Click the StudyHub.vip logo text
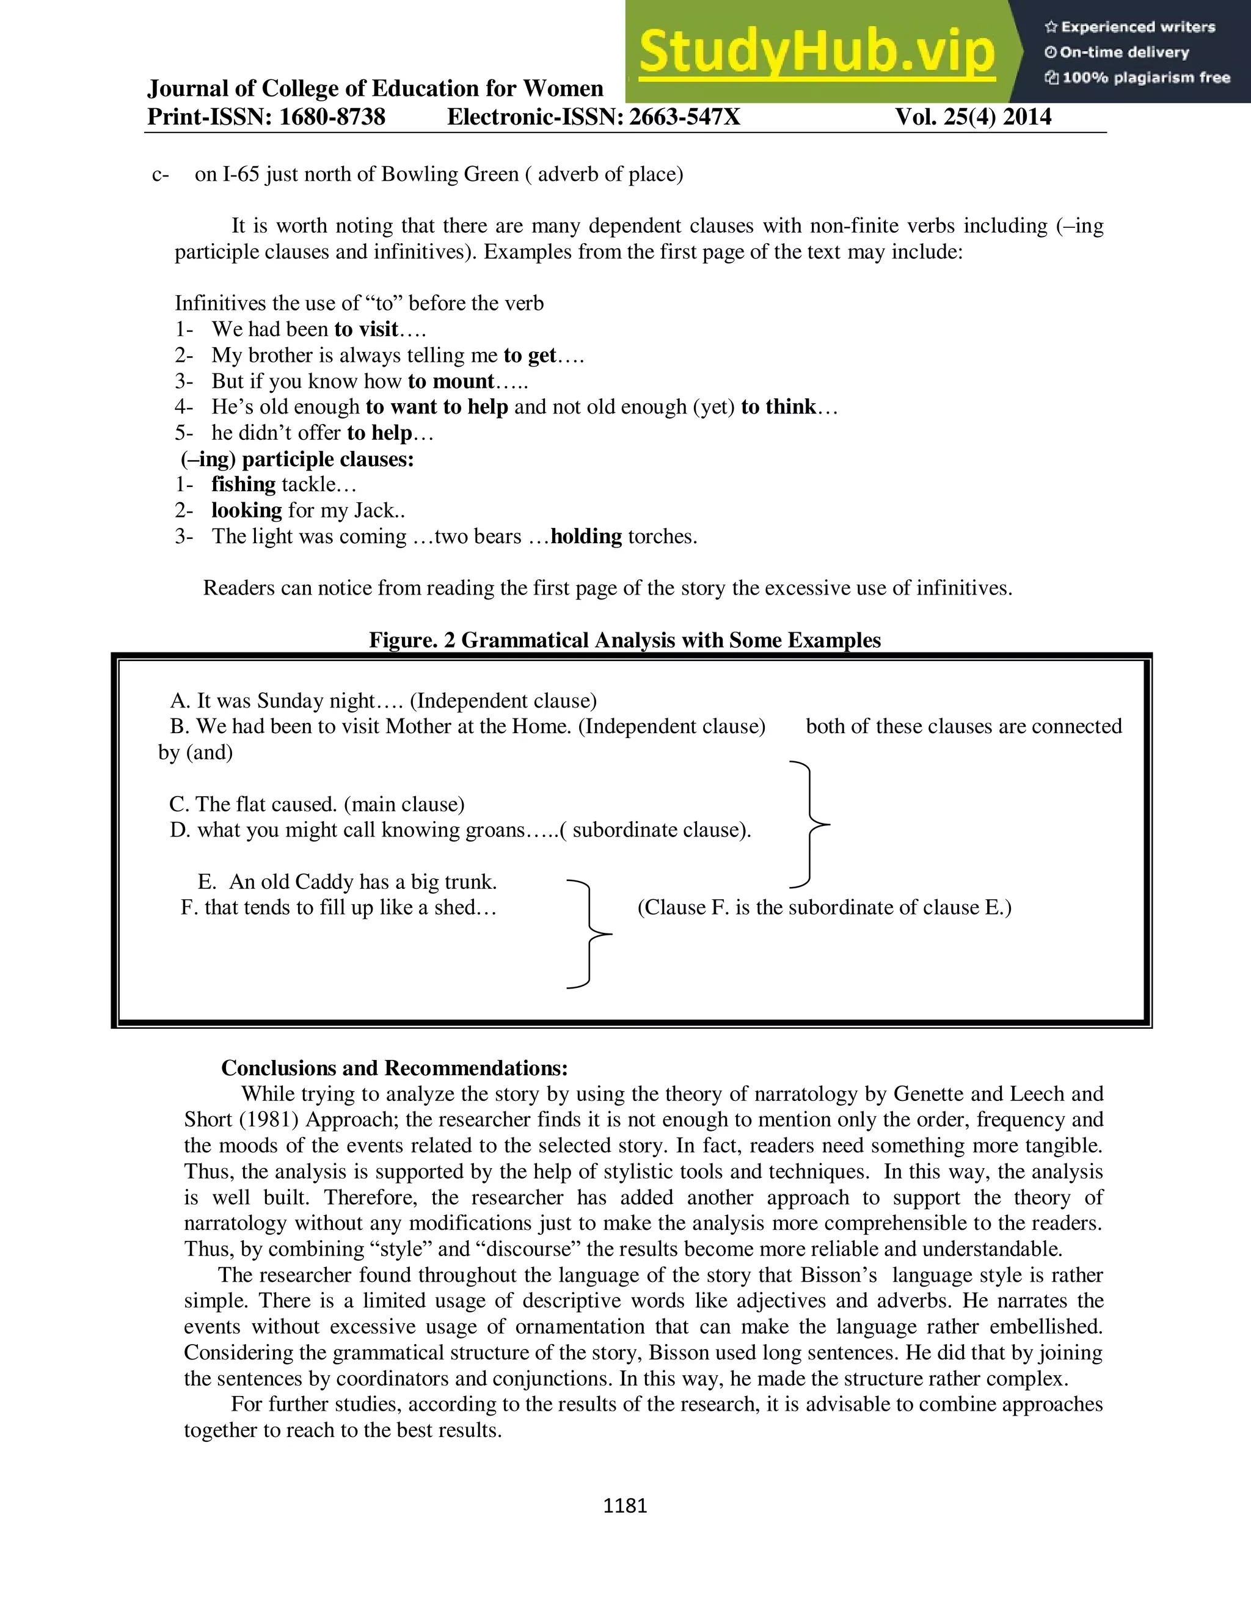816,52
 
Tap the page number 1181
625,1505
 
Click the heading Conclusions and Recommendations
394,1067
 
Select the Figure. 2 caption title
625,640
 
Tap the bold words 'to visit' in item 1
366,329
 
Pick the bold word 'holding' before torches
586,536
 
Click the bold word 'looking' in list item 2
246,510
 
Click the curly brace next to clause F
589,934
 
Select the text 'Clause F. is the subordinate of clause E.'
824,907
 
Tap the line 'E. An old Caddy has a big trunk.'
347,882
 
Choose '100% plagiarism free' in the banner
1146,78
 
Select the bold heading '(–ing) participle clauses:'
297,459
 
